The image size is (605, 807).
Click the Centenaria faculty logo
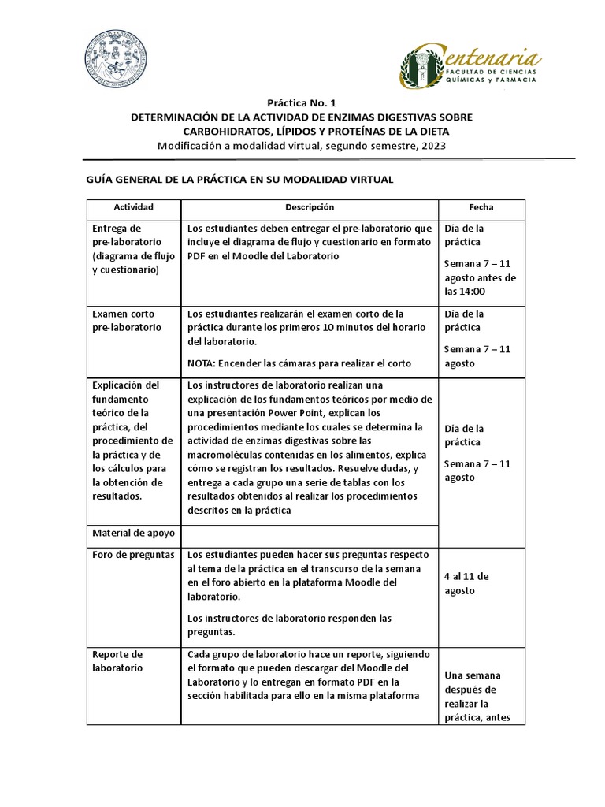click(x=470, y=65)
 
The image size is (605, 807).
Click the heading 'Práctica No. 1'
click(x=302, y=102)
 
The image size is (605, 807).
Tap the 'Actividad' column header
click(x=133, y=207)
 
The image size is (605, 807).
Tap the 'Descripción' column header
click(x=310, y=207)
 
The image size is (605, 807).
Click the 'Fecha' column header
click(x=481, y=207)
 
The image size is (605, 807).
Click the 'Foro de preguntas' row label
click(x=132, y=555)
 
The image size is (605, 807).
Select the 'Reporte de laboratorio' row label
click(x=117, y=660)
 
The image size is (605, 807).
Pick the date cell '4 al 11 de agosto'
click(x=466, y=583)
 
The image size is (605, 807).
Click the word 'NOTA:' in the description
click(x=202, y=363)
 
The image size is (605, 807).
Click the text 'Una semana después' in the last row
click(x=473, y=682)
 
